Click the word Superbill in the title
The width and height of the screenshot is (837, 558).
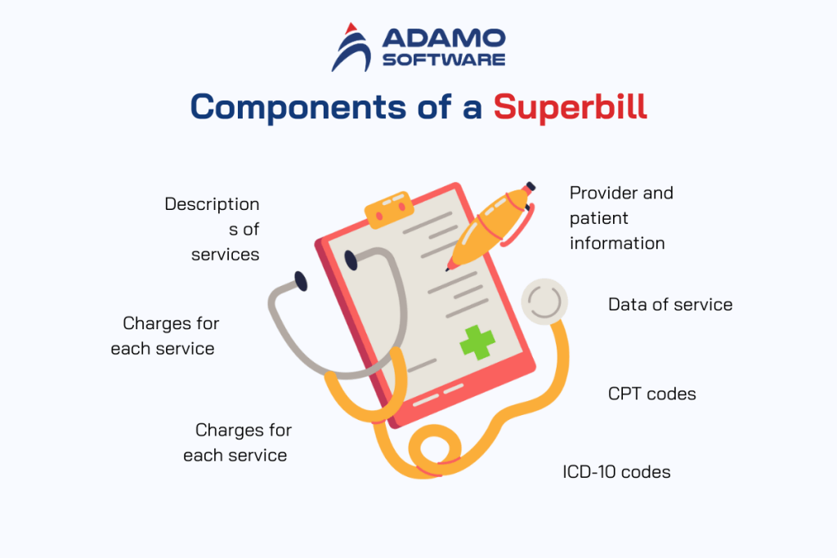[570, 107]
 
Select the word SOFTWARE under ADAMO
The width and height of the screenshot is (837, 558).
[444, 59]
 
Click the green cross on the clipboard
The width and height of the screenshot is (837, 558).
[477, 341]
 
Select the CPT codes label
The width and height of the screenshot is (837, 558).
[651, 394]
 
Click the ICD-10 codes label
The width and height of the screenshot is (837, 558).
[616, 471]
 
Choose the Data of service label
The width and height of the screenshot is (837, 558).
[669, 305]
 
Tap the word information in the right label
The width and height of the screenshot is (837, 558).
[616, 243]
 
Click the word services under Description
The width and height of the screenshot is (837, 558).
[225, 254]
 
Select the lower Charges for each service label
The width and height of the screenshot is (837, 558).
[236, 442]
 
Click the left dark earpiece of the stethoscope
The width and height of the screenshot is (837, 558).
[301, 282]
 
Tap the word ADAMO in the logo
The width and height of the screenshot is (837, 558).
[444, 38]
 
